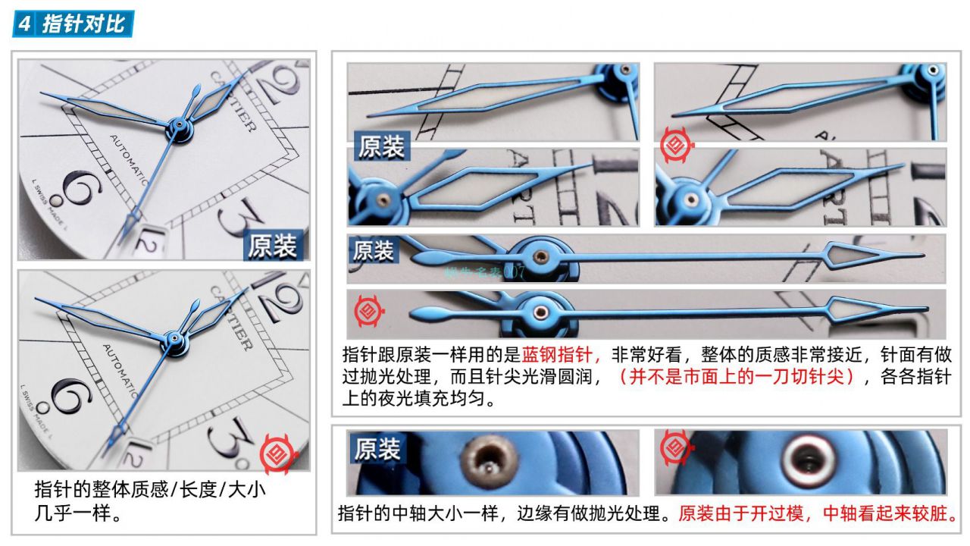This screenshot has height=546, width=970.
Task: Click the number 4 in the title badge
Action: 25,24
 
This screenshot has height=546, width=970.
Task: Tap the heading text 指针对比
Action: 83,24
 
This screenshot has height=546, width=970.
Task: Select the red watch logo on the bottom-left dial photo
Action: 274,453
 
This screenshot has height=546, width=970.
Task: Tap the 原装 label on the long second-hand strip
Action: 373,250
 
